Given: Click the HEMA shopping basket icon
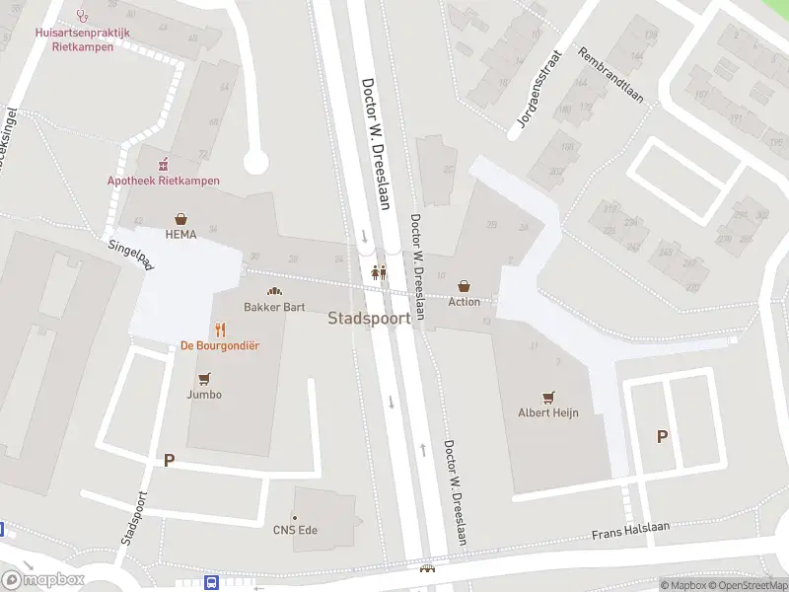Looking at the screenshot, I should [x=180, y=219].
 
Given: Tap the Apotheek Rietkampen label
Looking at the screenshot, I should [x=164, y=181].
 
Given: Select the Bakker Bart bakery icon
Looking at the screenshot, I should [x=274, y=291].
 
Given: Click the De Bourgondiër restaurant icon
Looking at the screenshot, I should [x=220, y=330].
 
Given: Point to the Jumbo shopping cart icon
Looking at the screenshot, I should [x=204, y=379].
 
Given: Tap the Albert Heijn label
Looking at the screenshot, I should [x=548, y=412].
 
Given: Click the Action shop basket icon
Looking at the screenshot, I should [x=465, y=286].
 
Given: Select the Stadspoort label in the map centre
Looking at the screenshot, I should [x=369, y=319].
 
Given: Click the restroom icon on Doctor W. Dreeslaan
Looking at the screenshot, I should [x=379, y=273].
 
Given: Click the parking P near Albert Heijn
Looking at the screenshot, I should [x=662, y=436].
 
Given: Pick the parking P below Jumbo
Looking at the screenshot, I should [x=169, y=460].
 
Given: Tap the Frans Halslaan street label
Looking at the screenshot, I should [x=630, y=531].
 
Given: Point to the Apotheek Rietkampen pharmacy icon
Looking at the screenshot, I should [x=164, y=163].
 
